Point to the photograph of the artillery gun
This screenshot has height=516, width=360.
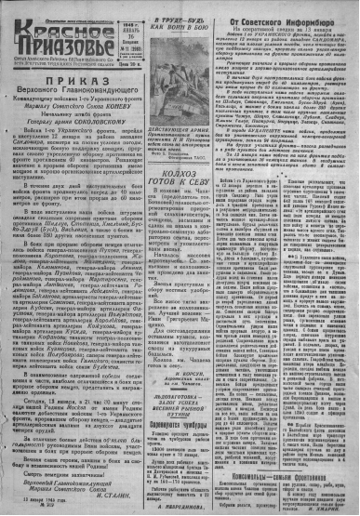(x=189, y=90)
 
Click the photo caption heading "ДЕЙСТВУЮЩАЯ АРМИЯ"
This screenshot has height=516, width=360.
(x=189, y=149)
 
